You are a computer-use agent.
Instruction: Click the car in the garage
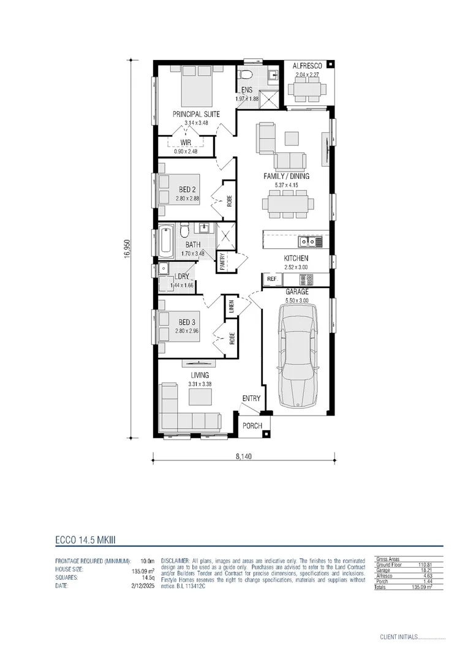(x=297, y=356)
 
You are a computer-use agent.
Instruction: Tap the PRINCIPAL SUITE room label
(x=196, y=114)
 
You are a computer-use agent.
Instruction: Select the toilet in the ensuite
(x=246, y=76)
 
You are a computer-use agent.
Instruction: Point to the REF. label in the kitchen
(x=272, y=280)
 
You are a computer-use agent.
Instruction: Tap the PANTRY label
(x=223, y=261)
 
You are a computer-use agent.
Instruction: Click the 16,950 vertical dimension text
(x=127, y=249)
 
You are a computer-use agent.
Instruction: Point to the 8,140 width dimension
(x=243, y=456)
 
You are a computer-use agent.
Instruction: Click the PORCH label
(x=252, y=426)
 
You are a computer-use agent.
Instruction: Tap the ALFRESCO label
(x=307, y=66)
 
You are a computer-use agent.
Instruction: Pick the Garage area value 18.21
(x=426, y=569)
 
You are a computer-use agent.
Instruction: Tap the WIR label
(x=186, y=142)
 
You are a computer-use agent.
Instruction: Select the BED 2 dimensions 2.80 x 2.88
(x=188, y=199)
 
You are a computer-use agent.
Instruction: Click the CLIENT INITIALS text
(x=398, y=637)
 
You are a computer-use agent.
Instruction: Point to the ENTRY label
(x=251, y=398)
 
